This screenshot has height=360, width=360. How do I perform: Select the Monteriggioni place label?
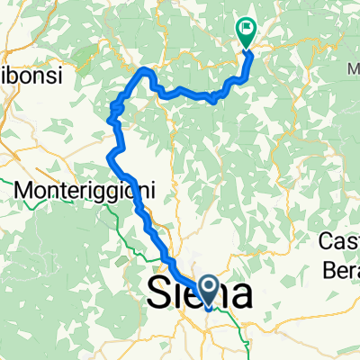tap(86, 191)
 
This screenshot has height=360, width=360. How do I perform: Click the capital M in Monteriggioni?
tap(27, 191)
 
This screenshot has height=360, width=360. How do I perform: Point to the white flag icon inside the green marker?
tap(246, 29)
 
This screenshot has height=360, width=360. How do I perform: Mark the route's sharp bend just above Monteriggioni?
tap(109, 158)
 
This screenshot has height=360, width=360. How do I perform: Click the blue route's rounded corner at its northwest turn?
tap(142, 70)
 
